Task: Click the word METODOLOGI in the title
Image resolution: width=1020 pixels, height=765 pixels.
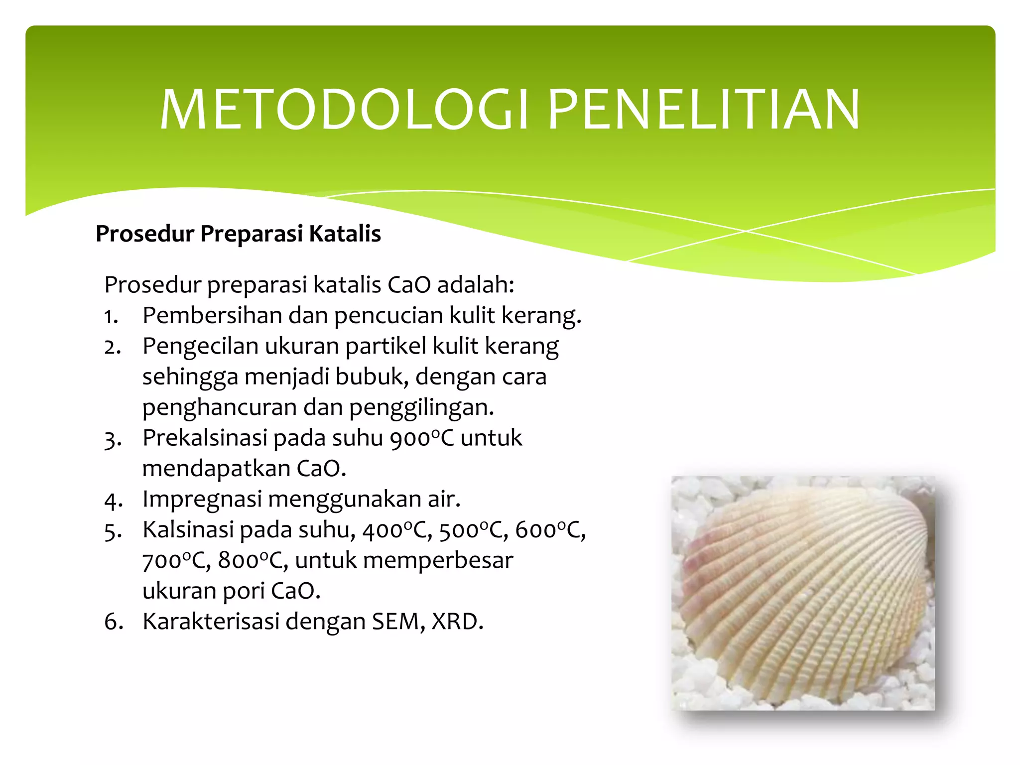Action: [x=344, y=110]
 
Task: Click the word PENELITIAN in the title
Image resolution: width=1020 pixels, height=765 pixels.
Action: [x=703, y=110]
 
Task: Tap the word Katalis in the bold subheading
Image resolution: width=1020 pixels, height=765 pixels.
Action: [x=345, y=234]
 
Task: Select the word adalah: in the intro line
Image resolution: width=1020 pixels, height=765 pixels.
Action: [x=476, y=285]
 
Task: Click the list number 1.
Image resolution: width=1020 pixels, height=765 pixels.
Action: [x=111, y=317]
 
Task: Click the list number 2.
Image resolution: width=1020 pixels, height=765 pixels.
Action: [x=112, y=347]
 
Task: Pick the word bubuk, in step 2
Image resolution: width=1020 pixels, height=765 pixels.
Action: [x=372, y=377]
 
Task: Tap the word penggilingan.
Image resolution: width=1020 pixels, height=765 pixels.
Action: [x=421, y=407]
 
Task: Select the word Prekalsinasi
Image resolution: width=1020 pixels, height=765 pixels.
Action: [x=205, y=438]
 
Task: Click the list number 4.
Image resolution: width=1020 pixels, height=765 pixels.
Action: [x=113, y=500]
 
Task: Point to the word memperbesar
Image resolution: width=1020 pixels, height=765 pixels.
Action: [x=438, y=561]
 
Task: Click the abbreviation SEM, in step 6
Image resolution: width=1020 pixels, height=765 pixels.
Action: [x=398, y=622]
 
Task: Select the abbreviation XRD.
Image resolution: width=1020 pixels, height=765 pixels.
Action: [x=457, y=622]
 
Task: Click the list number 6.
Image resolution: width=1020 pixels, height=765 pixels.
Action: [x=113, y=622]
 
